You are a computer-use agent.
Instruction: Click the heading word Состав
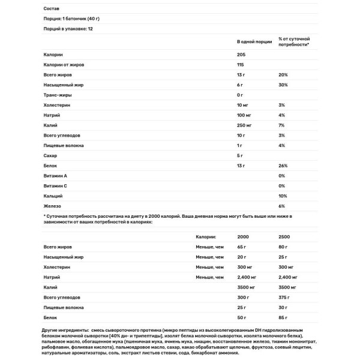click(52, 8)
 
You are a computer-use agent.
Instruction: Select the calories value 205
click(242, 55)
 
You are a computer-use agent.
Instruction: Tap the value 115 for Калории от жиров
click(241, 65)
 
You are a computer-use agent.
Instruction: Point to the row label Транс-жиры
click(58, 95)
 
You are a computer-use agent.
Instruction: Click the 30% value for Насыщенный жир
click(283, 85)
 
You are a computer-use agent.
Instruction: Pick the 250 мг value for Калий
click(246, 125)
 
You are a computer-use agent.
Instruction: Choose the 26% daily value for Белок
click(283, 166)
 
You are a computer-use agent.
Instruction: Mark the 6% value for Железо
click(282, 206)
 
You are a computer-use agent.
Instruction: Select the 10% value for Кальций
click(283, 196)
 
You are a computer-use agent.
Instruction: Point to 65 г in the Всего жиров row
click(242, 247)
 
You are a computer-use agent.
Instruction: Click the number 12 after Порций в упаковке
click(90, 28)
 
